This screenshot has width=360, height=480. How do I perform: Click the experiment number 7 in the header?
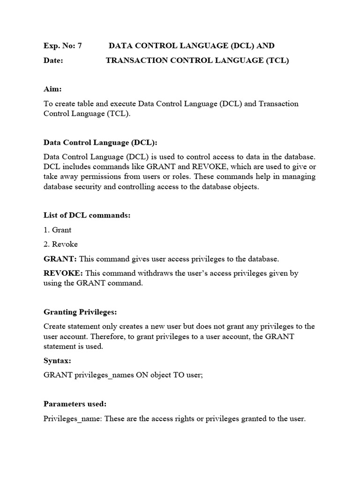click(79, 46)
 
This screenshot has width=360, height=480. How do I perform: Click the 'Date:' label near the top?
click(53, 60)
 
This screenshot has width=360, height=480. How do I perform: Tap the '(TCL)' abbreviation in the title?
click(277, 60)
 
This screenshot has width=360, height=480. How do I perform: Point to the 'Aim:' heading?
click(52, 89)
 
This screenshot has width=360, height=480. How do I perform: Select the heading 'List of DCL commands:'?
click(87, 215)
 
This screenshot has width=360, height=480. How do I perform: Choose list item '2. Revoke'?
click(60, 244)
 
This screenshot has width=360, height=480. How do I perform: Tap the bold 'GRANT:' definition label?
click(60, 259)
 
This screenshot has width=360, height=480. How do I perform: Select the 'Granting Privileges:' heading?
click(80, 312)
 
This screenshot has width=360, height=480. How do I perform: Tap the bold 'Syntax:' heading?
click(57, 361)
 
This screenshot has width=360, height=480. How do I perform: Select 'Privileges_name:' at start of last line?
click(73, 419)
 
